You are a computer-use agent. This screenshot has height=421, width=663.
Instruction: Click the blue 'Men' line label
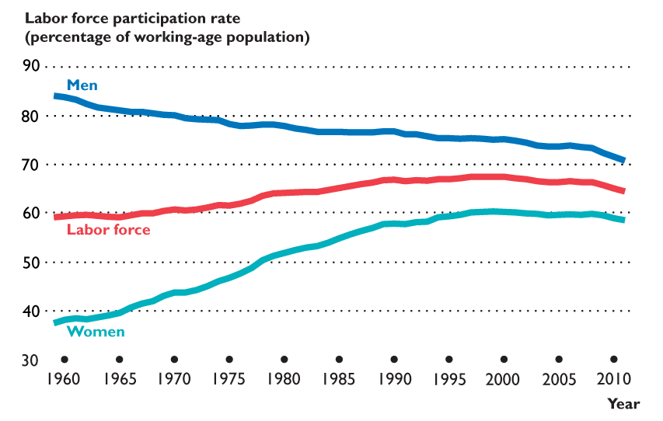pos(82,85)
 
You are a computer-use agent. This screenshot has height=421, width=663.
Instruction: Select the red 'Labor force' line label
pos(108,229)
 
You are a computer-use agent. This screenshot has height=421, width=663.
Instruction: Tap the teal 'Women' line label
pos(96,332)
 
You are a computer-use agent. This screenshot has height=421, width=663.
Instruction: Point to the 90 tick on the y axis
pos(30,66)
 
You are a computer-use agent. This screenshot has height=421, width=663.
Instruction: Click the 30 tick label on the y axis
pos(30,360)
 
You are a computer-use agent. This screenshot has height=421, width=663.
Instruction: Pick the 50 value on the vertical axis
pos(30,262)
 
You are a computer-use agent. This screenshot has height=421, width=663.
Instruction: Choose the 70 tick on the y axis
pos(30,164)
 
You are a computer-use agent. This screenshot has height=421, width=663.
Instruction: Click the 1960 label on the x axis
pos(65,380)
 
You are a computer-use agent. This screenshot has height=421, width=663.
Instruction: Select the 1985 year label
pos(339,380)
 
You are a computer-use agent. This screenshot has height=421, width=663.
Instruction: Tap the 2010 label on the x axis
pos(613,380)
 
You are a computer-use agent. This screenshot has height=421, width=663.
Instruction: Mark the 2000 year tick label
pos(504,380)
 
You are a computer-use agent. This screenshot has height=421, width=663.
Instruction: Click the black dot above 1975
pos(229,360)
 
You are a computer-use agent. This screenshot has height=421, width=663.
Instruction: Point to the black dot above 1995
pos(449,360)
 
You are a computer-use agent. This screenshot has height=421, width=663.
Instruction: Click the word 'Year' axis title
pos(623,404)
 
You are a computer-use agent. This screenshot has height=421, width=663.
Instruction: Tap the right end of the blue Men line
pos(623,160)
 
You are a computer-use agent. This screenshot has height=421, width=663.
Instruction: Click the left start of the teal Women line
pos(55,322)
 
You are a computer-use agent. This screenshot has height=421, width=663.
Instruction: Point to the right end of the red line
pos(623,190)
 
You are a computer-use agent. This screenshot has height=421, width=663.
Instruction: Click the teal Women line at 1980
pos(284,253)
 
